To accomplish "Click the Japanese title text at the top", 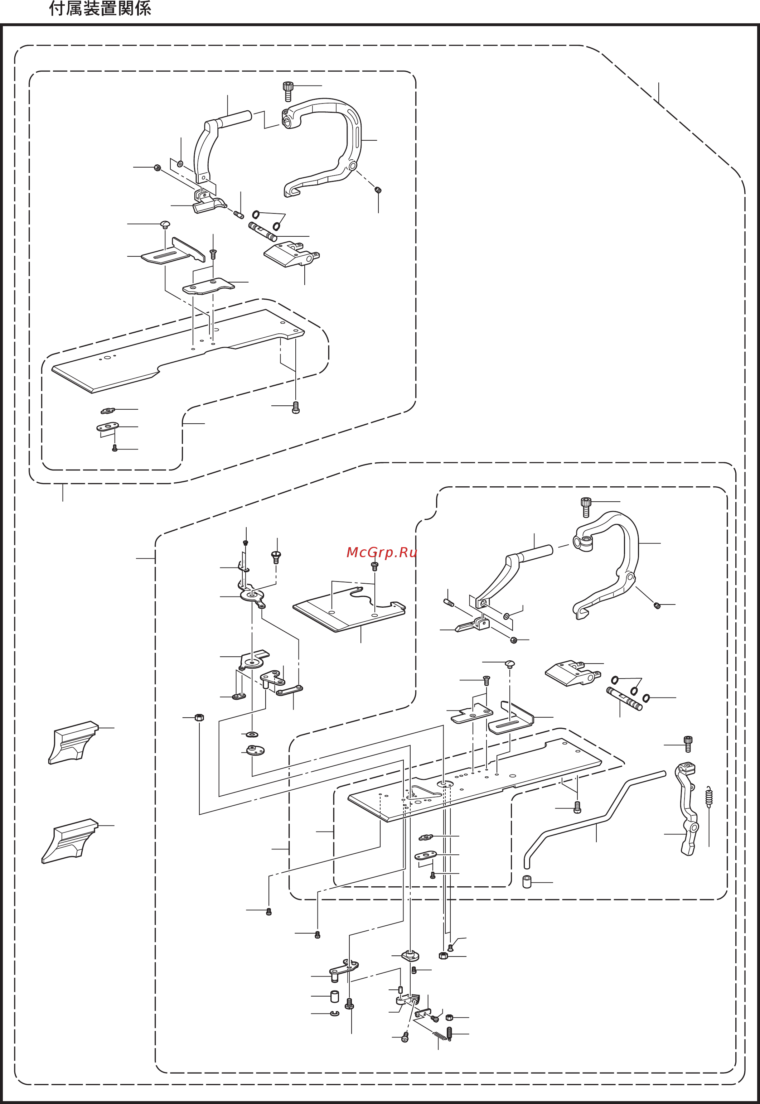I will tap(100, 9).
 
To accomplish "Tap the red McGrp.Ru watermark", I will tap(381, 553).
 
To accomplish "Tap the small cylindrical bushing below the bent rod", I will tap(527, 882).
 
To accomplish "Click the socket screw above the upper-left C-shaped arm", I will tap(287, 91).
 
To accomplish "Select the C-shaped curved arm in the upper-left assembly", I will tap(329, 143).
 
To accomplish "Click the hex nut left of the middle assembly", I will tap(199, 717).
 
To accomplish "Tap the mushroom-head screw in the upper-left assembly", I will tap(165, 224).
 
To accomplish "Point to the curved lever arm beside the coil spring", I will tap(687, 810).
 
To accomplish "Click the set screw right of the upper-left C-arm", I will tap(378, 190).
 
